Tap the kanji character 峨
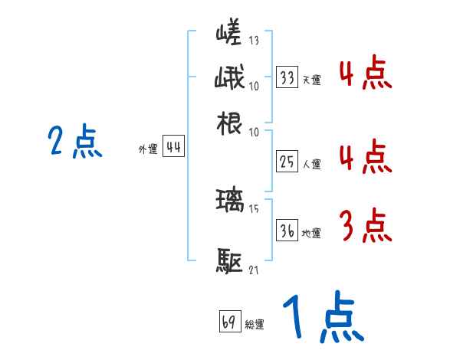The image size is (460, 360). coord(229,78)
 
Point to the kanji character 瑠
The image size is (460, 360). coord(229,201)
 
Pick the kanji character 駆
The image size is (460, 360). coord(229,261)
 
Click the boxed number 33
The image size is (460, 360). coord(287,77)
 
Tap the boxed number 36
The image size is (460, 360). coord(287,231)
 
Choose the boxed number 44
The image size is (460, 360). coord(173,148)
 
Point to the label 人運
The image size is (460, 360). coord(311,162)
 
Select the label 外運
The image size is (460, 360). coord(147,150)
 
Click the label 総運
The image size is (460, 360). coord(255,324)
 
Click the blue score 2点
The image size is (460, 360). coord(75,142)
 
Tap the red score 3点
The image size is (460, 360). coord(365,226)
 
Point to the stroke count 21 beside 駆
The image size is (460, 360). coord(254,270)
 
